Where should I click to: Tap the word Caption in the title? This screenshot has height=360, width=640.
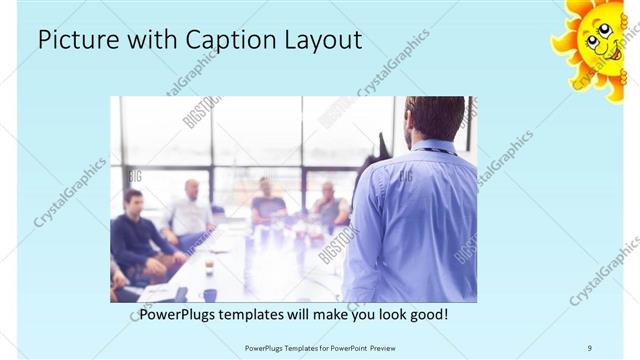(224, 41)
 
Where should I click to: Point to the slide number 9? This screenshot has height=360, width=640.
(589, 347)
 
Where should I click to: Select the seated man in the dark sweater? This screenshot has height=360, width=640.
(135, 235)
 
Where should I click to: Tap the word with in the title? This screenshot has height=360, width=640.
(150, 40)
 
